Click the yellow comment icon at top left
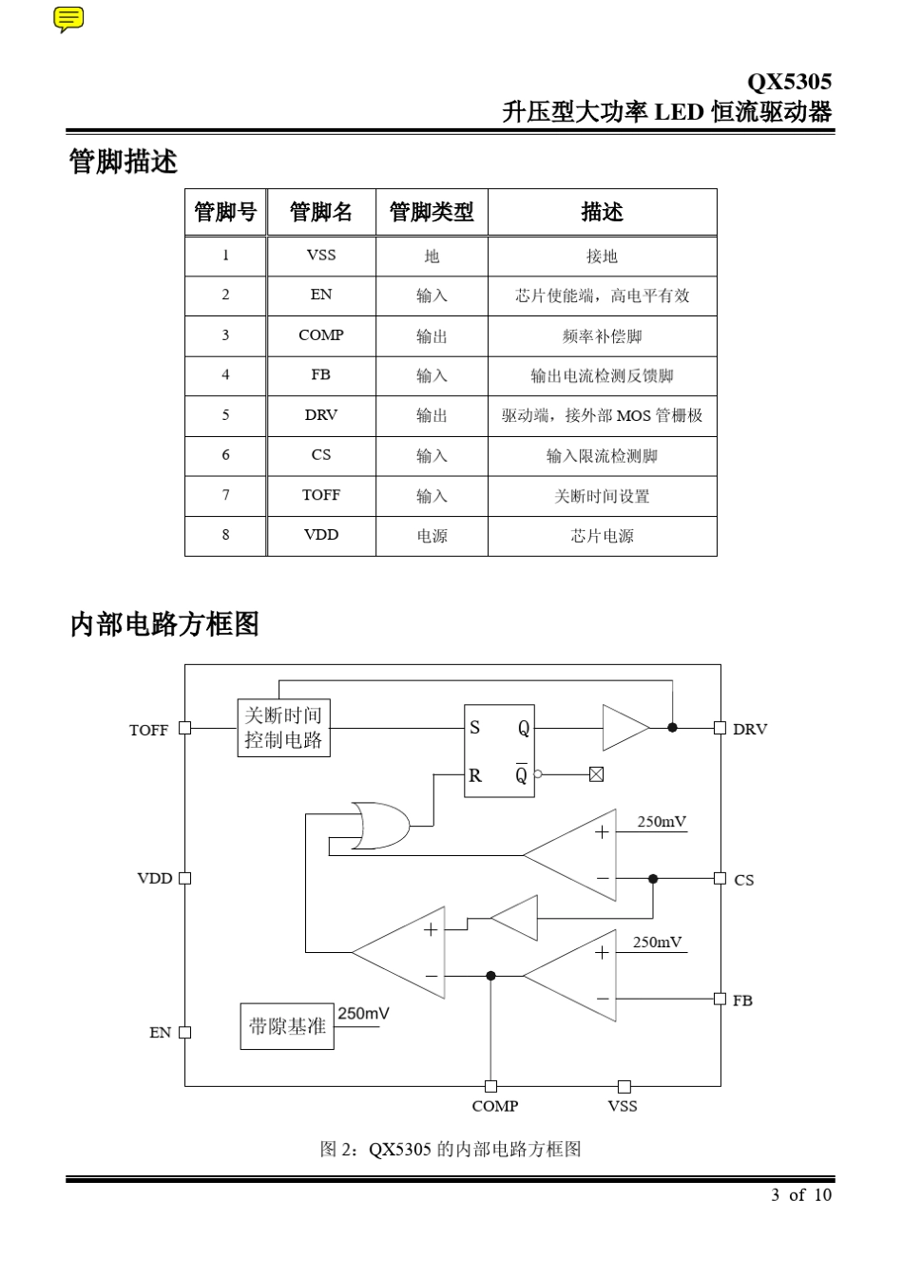tap(68, 18)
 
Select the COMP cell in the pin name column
tap(321, 335)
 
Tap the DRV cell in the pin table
tap(321, 415)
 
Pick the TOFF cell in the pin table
tap(321, 495)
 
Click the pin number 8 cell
tap(225, 535)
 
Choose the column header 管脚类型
tap(432, 212)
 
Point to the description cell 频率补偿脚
tap(602, 336)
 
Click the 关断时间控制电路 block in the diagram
tap(283, 728)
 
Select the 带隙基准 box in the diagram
tap(287, 1026)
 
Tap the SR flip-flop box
tap(499, 751)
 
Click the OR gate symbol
tap(380, 826)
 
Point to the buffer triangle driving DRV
tap(624, 728)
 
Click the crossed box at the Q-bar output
tap(596, 774)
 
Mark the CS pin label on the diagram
tap(743, 880)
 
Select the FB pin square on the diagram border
tap(720, 999)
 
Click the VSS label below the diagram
tap(623, 1106)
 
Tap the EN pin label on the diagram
tap(160, 1033)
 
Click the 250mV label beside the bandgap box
tap(363, 1014)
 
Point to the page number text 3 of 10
tap(801, 1194)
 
